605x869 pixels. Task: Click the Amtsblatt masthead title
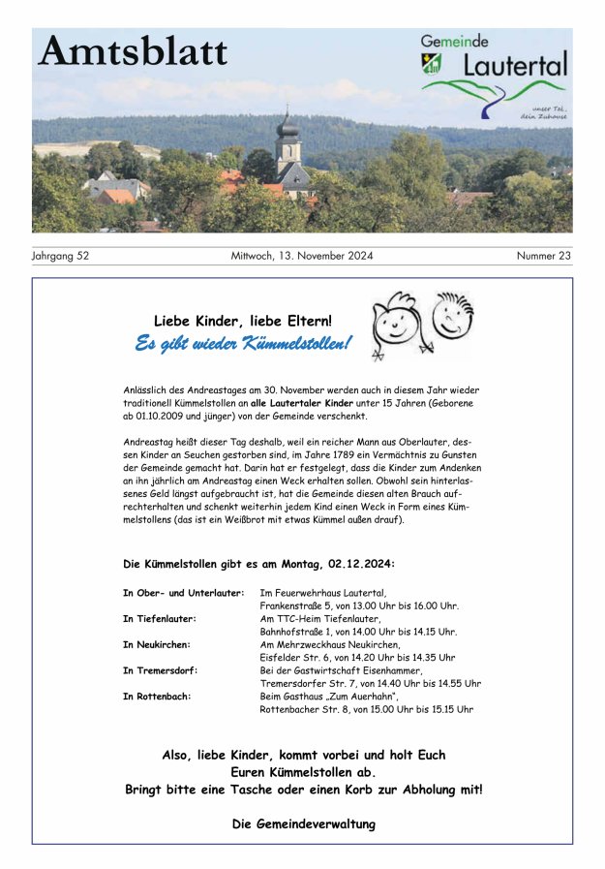point(134,51)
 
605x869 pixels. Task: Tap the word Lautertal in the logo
point(514,66)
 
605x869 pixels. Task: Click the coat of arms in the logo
point(433,63)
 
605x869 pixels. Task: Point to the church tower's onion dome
point(287,125)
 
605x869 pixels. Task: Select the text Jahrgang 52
point(60,257)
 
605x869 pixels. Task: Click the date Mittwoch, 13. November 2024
point(302,257)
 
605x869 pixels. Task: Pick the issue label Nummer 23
point(543,257)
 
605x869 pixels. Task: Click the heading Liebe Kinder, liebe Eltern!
point(242,321)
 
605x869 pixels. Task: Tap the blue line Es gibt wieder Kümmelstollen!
point(243,344)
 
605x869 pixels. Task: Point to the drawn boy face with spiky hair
point(452,315)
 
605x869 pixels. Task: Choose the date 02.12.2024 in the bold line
point(359,564)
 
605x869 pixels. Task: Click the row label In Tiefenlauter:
point(160,618)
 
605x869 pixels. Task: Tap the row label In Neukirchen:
point(157,644)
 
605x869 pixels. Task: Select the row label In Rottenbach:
point(157,697)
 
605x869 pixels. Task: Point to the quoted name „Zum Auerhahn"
point(363,697)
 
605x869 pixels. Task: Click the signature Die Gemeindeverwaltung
point(303,824)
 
